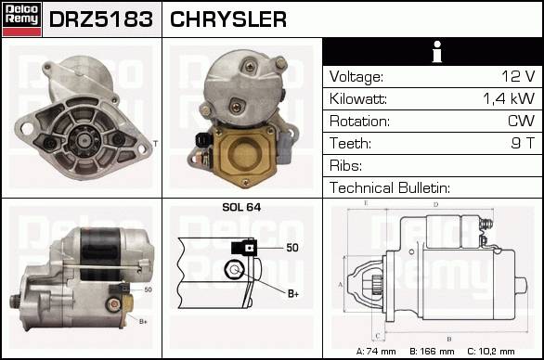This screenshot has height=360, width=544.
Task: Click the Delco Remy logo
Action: click(22, 19)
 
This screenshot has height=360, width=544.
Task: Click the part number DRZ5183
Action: click(101, 19)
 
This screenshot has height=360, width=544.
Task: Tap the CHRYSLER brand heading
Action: click(228, 19)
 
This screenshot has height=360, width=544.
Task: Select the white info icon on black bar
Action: click(437, 52)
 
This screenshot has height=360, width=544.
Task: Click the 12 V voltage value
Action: click(518, 76)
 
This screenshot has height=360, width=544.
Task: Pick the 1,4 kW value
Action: click(509, 98)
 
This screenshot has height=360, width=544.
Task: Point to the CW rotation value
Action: click(521, 121)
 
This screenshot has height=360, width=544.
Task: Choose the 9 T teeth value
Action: click(523, 143)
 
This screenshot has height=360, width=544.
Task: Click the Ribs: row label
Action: click(345, 165)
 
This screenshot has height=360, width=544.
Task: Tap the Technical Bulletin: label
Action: click(390, 187)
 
